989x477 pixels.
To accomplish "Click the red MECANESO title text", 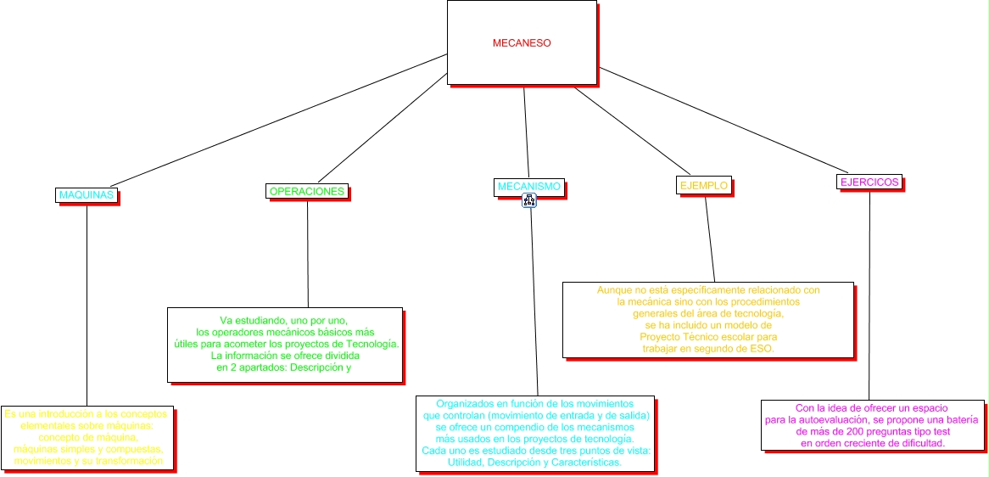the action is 522,43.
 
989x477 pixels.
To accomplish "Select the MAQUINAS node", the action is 87,195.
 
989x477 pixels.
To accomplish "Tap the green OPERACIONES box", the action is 307,192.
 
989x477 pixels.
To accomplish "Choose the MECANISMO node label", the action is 528,186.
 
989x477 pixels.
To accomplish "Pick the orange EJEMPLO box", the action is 703,184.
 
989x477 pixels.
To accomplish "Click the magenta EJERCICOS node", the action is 869,182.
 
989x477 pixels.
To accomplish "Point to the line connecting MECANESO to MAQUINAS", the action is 280,120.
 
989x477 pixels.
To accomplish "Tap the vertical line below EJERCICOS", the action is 869,297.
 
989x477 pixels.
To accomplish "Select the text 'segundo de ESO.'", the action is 739,349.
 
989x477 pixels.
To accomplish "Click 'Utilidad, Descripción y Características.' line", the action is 535,463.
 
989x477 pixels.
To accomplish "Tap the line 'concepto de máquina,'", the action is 88,437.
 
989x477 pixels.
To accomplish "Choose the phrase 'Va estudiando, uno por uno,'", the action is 283,320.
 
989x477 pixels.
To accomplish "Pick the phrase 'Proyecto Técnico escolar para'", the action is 707,337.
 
